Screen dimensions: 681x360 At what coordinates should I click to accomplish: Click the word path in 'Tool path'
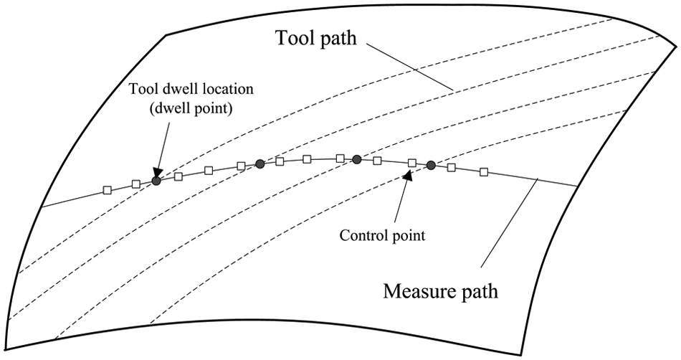335,39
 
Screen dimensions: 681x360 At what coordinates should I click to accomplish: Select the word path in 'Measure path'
477,292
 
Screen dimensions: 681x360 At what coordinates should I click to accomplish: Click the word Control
358,235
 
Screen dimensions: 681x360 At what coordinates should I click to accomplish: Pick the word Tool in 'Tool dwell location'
140,90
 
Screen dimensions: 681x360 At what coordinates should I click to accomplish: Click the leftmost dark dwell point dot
156,181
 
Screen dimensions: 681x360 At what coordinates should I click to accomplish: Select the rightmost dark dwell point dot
431,165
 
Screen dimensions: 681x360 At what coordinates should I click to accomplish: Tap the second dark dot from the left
259,164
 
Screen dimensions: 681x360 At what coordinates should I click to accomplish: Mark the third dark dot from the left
357,160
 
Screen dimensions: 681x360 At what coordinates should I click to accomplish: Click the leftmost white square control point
108,190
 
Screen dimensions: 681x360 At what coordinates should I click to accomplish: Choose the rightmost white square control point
484,172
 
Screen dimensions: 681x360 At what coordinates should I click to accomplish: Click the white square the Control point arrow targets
413,163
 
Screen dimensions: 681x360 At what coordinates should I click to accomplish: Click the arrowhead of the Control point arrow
407,175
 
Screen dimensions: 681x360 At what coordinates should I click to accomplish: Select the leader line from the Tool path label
410,67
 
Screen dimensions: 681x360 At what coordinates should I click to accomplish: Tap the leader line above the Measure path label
510,222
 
